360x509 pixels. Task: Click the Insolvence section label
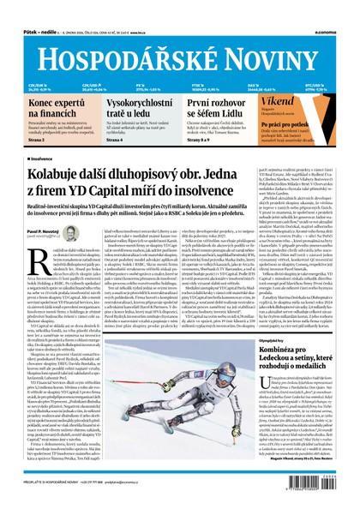[x=44, y=159]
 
